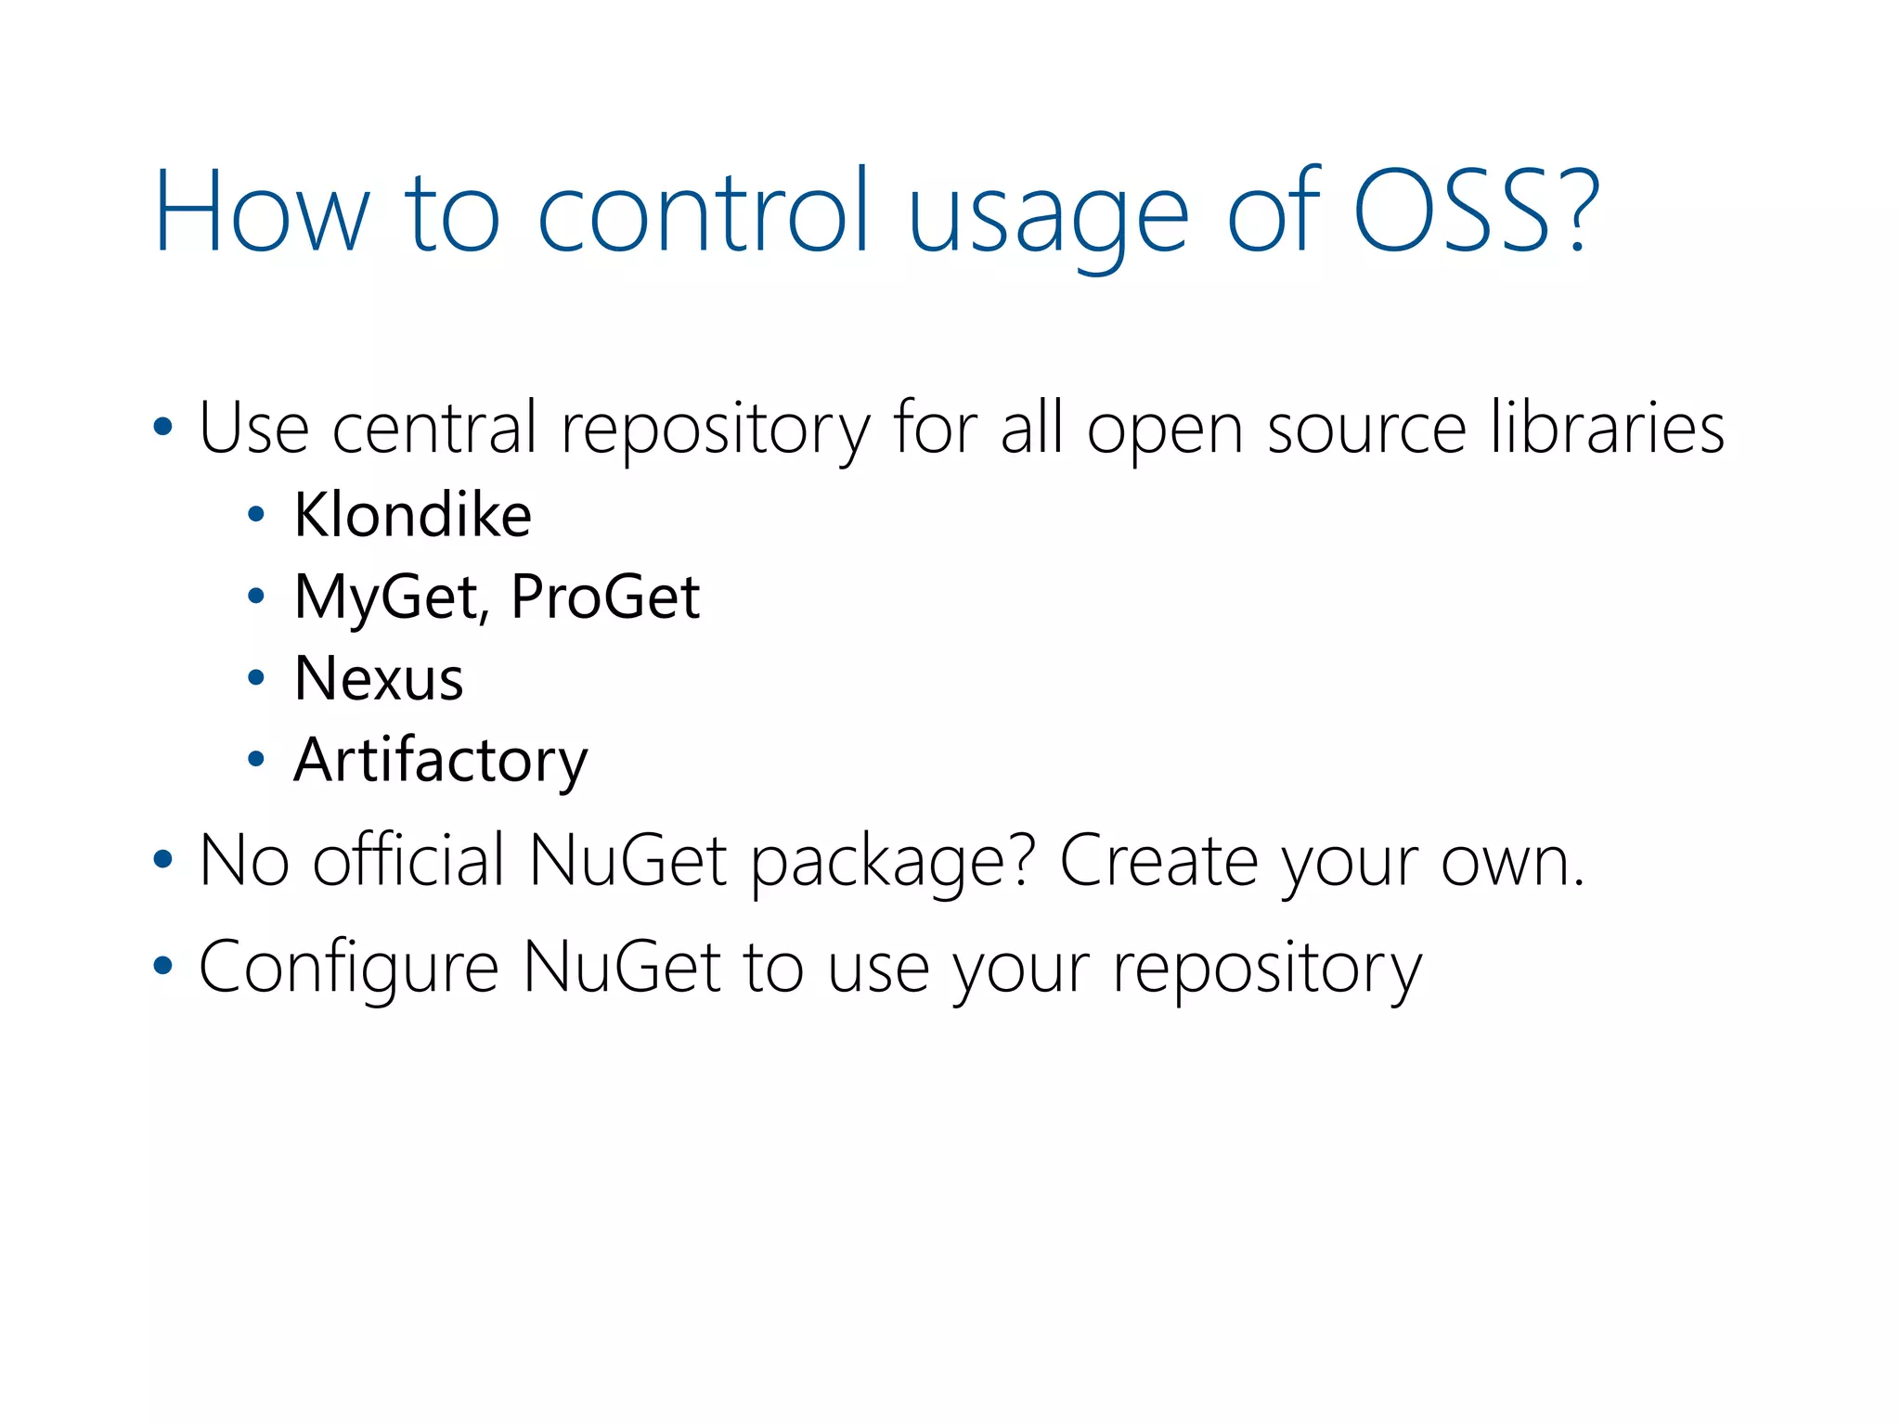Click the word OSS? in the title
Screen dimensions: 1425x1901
pyautogui.click(x=1476, y=212)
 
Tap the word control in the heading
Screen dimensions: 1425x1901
pyautogui.click(x=704, y=212)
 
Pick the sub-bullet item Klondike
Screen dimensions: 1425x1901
pyautogui.click(x=412, y=515)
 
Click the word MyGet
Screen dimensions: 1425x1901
pyautogui.click(x=387, y=597)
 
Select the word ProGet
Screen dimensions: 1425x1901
pyautogui.click(x=605, y=597)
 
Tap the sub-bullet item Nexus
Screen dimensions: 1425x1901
pyautogui.click(x=379, y=678)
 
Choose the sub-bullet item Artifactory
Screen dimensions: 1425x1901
pyautogui.click(x=440, y=760)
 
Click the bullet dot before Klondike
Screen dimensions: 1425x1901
pyautogui.click(x=256, y=516)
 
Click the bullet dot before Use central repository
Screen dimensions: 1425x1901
pyautogui.click(x=162, y=428)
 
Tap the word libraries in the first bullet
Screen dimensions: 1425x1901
pyautogui.click(x=1607, y=428)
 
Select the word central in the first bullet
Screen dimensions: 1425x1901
pyautogui.click(x=434, y=428)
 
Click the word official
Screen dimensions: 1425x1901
pyautogui.click(x=408, y=860)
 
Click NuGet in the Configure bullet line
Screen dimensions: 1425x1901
pyautogui.click(x=622, y=967)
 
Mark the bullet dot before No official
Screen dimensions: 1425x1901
pyautogui.click(x=162, y=860)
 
